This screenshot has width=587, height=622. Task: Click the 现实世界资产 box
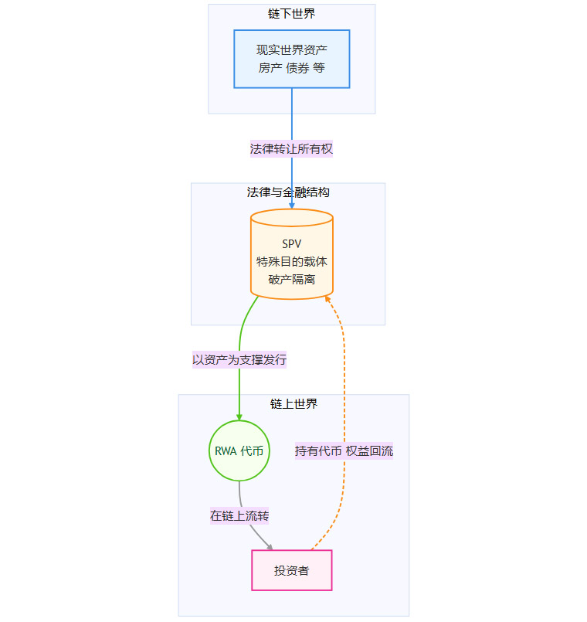click(x=292, y=59)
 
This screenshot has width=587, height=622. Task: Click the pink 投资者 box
click(x=292, y=570)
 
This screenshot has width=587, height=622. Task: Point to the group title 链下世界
click(x=292, y=13)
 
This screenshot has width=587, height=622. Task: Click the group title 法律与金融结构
click(x=288, y=192)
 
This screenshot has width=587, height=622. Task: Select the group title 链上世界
click(x=293, y=403)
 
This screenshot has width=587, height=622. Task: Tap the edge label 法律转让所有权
click(x=291, y=149)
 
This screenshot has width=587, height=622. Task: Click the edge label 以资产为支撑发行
click(x=239, y=359)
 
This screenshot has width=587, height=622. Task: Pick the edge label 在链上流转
click(x=239, y=515)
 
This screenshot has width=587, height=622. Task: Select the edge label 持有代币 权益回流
click(x=344, y=451)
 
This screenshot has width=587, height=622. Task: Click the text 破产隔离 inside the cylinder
click(x=292, y=280)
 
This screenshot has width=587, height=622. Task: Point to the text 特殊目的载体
click(x=292, y=262)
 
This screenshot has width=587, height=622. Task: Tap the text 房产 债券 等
click(x=292, y=68)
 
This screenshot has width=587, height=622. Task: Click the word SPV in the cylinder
click(x=292, y=244)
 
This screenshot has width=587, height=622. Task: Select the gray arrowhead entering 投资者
click(x=270, y=546)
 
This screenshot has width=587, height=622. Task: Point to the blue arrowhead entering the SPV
click(x=292, y=206)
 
